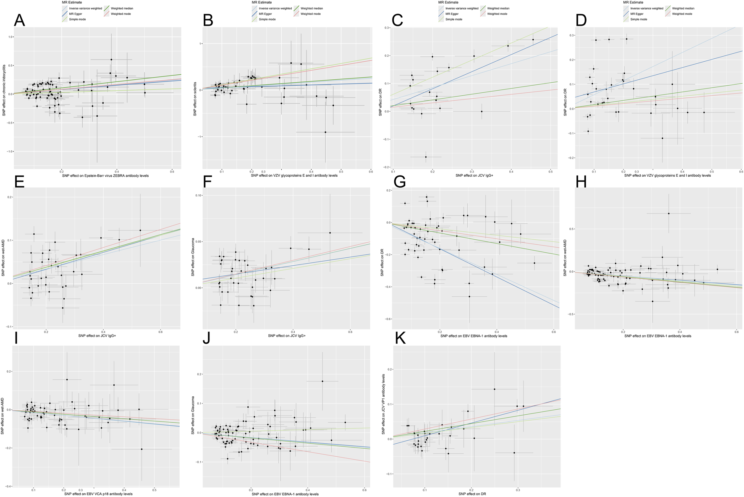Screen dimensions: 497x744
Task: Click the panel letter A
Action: pyautogui.click(x=19, y=20)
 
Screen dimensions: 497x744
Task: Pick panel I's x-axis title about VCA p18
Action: pyautogui.click(x=98, y=494)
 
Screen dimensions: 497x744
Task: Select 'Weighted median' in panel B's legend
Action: pyautogui.click(x=312, y=8)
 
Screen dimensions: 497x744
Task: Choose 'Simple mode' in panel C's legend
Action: pyautogui.click(x=454, y=19)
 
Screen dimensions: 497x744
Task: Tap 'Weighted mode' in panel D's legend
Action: pyautogui.click(x=682, y=14)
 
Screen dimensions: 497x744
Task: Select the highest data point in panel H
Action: pyautogui.click(x=668, y=214)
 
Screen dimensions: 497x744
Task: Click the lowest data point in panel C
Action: pyautogui.click(x=426, y=157)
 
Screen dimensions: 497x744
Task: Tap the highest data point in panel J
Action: pyautogui.click(x=322, y=381)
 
